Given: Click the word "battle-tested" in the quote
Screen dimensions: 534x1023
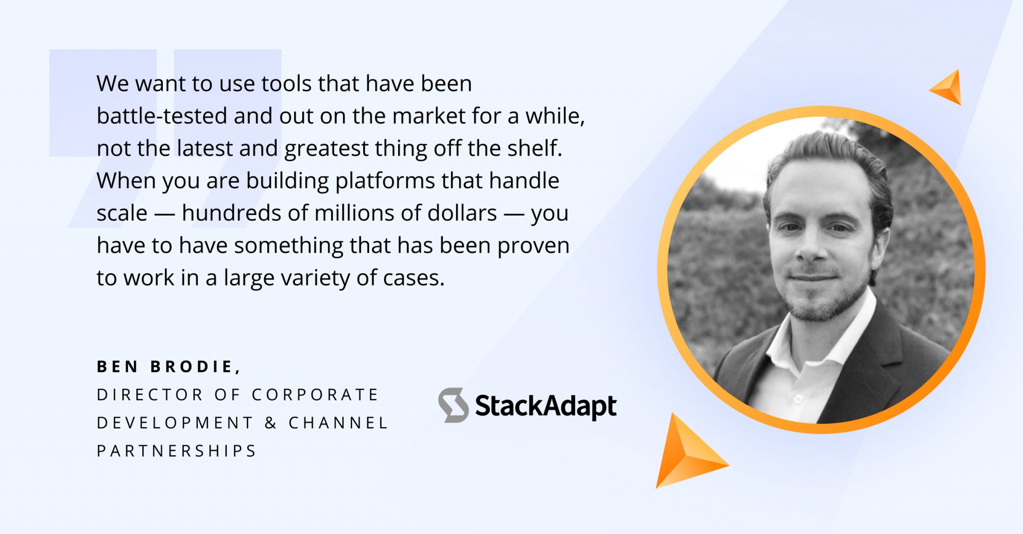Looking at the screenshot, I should click(x=161, y=116).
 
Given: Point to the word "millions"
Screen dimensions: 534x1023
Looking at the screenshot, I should click(x=355, y=213).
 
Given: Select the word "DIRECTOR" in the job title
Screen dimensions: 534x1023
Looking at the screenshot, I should click(x=150, y=395).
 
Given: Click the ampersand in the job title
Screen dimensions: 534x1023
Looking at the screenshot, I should click(x=271, y=423).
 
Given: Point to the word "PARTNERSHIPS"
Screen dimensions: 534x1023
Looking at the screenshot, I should click(x=176, y=451).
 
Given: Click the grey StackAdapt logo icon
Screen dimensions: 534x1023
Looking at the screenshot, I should click(x=454, y=405).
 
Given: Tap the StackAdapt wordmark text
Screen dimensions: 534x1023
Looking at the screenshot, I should click(x=545, y=406).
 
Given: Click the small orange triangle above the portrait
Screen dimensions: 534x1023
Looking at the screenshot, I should click(x=948, y=88).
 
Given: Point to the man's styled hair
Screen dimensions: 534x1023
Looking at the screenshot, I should click(x=829, y=150).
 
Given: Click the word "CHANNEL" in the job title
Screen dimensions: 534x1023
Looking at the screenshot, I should click(x=338, y=423).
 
